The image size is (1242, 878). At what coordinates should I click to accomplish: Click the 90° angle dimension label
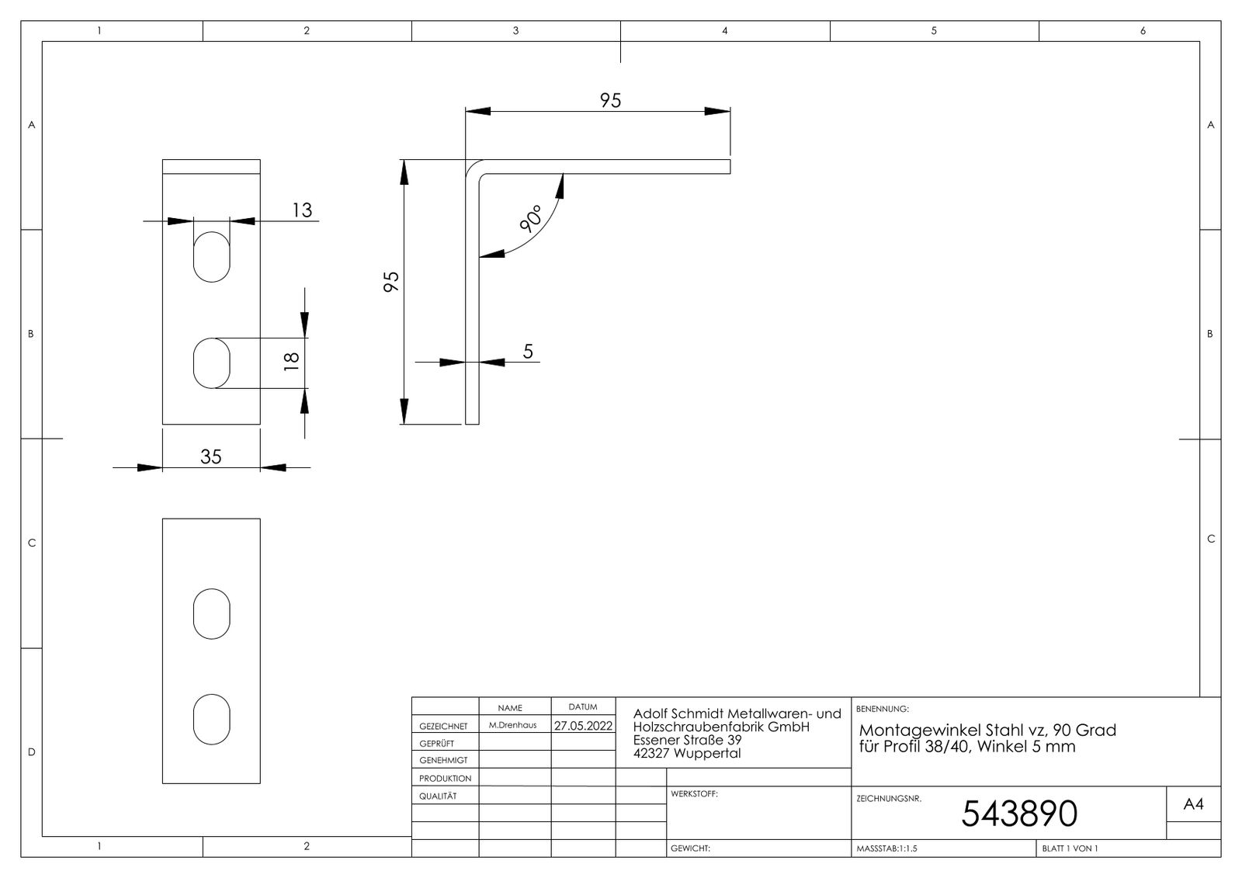531,218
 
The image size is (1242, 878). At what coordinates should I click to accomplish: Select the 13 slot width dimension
302,210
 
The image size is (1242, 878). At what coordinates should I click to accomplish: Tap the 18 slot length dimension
291,362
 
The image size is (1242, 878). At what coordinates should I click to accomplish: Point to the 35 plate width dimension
210,456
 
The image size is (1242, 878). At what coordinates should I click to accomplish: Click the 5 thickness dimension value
528,351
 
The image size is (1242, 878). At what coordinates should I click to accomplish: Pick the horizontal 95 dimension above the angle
610,100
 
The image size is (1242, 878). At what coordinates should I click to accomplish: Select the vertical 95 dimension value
391,282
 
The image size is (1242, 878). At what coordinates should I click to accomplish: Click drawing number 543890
1019,814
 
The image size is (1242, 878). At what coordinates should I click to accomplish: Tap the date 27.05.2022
583,726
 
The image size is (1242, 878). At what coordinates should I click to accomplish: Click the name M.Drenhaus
513,725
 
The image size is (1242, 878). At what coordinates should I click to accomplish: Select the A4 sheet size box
1193,803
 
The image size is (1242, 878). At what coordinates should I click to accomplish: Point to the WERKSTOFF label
694,793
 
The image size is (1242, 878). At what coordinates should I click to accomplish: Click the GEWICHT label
690,848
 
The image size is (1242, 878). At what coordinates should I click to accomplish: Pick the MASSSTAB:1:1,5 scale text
886,849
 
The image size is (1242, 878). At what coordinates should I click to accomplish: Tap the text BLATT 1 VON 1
1070,849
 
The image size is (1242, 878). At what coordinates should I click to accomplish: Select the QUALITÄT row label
438,796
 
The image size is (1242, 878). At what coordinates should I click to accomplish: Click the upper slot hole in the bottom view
212,613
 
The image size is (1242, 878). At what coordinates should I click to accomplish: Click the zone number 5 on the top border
934,30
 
